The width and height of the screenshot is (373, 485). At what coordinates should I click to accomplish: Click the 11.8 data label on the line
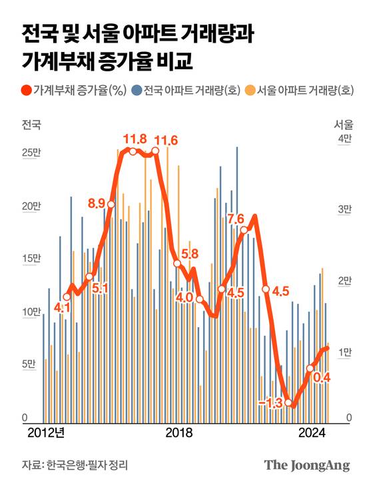(135, 139)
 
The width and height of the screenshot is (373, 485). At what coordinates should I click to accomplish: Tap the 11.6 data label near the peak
(166, 140)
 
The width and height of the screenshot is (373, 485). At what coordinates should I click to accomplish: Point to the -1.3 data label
(270, 402)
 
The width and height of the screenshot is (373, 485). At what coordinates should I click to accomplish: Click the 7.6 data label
(235, 219)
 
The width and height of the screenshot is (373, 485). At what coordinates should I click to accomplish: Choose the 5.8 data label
(190, 253)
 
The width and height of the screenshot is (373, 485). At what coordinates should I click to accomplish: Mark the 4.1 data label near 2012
(62, 308)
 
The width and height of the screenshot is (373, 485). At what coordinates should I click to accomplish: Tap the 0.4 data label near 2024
(322, 378)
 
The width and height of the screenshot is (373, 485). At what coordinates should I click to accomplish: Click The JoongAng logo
(306, 464)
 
